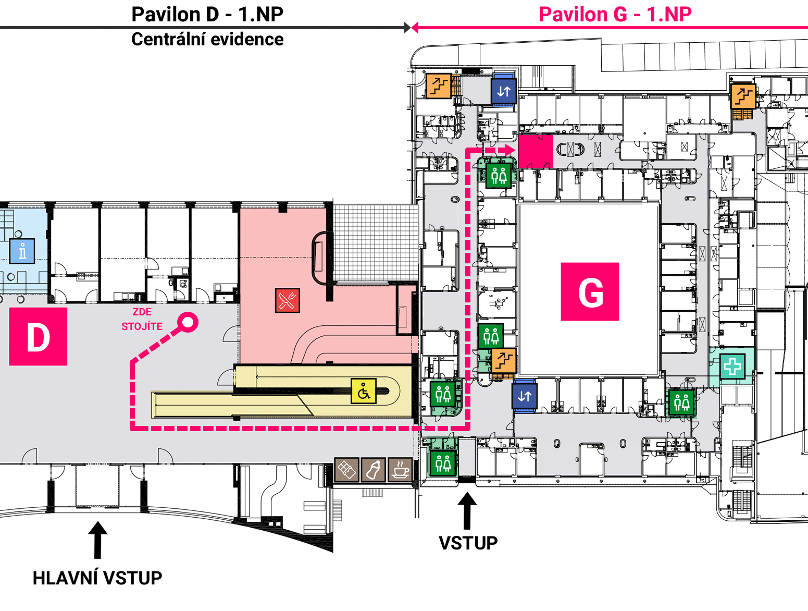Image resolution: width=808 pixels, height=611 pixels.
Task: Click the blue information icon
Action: click(x=22, y=251)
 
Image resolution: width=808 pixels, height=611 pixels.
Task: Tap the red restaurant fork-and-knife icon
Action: click(x=288, y=300)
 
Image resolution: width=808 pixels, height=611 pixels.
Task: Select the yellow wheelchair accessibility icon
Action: click(x=364, y=391)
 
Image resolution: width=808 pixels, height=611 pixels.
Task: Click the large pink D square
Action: click(x=38, y=337)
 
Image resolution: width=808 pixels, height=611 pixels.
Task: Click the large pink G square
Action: click(x=590, y=292)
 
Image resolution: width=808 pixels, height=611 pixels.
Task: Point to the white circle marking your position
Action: click(x=188, y=322)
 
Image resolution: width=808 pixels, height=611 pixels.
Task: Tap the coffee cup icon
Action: click(x=400, y=470)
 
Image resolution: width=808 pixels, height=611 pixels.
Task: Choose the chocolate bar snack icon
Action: click(x=346, y=470)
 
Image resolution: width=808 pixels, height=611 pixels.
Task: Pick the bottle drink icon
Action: click(x=373, y=470)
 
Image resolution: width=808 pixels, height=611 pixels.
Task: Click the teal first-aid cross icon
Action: click(x=732, y=366)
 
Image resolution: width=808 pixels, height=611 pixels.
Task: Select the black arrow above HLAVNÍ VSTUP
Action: click(x=97, y=540)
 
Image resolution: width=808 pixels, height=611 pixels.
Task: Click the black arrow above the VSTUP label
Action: click(x=467, y=511)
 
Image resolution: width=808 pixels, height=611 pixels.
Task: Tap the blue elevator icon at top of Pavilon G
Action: click(x=504, y=91)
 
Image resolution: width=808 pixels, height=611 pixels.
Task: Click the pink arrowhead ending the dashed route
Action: click(x=510, y=150)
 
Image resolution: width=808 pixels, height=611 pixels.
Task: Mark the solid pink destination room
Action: click(x=536, y=151)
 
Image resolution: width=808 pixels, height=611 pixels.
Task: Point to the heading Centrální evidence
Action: click(x=208, y=40)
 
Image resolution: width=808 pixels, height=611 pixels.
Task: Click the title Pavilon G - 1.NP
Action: click(x=615, y=15)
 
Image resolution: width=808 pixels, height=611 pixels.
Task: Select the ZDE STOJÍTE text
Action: click(x=142, y=319)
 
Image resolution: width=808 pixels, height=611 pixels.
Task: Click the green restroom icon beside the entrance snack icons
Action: click(x=443, y=463)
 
